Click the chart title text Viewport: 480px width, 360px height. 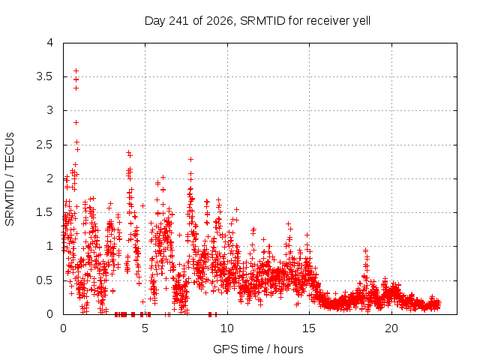[257, 21]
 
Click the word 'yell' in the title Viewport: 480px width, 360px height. [361, 22]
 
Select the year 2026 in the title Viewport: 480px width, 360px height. [220, 21]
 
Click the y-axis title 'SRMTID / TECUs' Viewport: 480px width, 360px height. [10, 179]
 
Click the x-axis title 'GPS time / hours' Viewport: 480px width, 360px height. [258, 349]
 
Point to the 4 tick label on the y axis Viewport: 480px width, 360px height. [50, 43]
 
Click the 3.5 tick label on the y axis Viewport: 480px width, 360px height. [45, 76]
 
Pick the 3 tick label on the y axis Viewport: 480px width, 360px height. [50, 110]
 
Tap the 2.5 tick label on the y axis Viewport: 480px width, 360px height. [45, 145]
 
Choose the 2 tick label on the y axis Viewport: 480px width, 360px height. [50, 178]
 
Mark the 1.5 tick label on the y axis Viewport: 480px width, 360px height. [45, 212]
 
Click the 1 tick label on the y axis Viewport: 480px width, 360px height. [50, 246]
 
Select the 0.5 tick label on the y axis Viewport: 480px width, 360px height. [45, 280]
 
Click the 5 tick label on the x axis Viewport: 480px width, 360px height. [145, 328]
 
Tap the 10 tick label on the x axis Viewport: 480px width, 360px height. [226, 328]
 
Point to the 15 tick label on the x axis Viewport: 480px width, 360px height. [309, 328]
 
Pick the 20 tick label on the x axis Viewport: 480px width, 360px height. [391, 328]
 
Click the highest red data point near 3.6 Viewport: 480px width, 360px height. [76, 71]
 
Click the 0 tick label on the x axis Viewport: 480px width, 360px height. [63, 328]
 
